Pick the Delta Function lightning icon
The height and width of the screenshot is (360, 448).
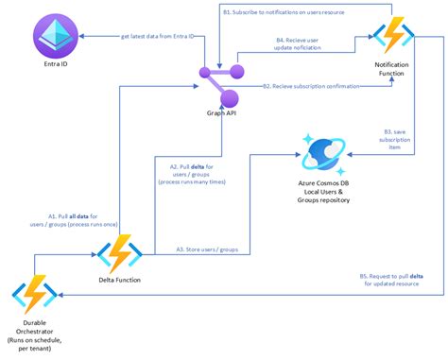120,252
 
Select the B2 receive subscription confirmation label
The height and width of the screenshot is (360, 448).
317,86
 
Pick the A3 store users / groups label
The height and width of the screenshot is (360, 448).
206,249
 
